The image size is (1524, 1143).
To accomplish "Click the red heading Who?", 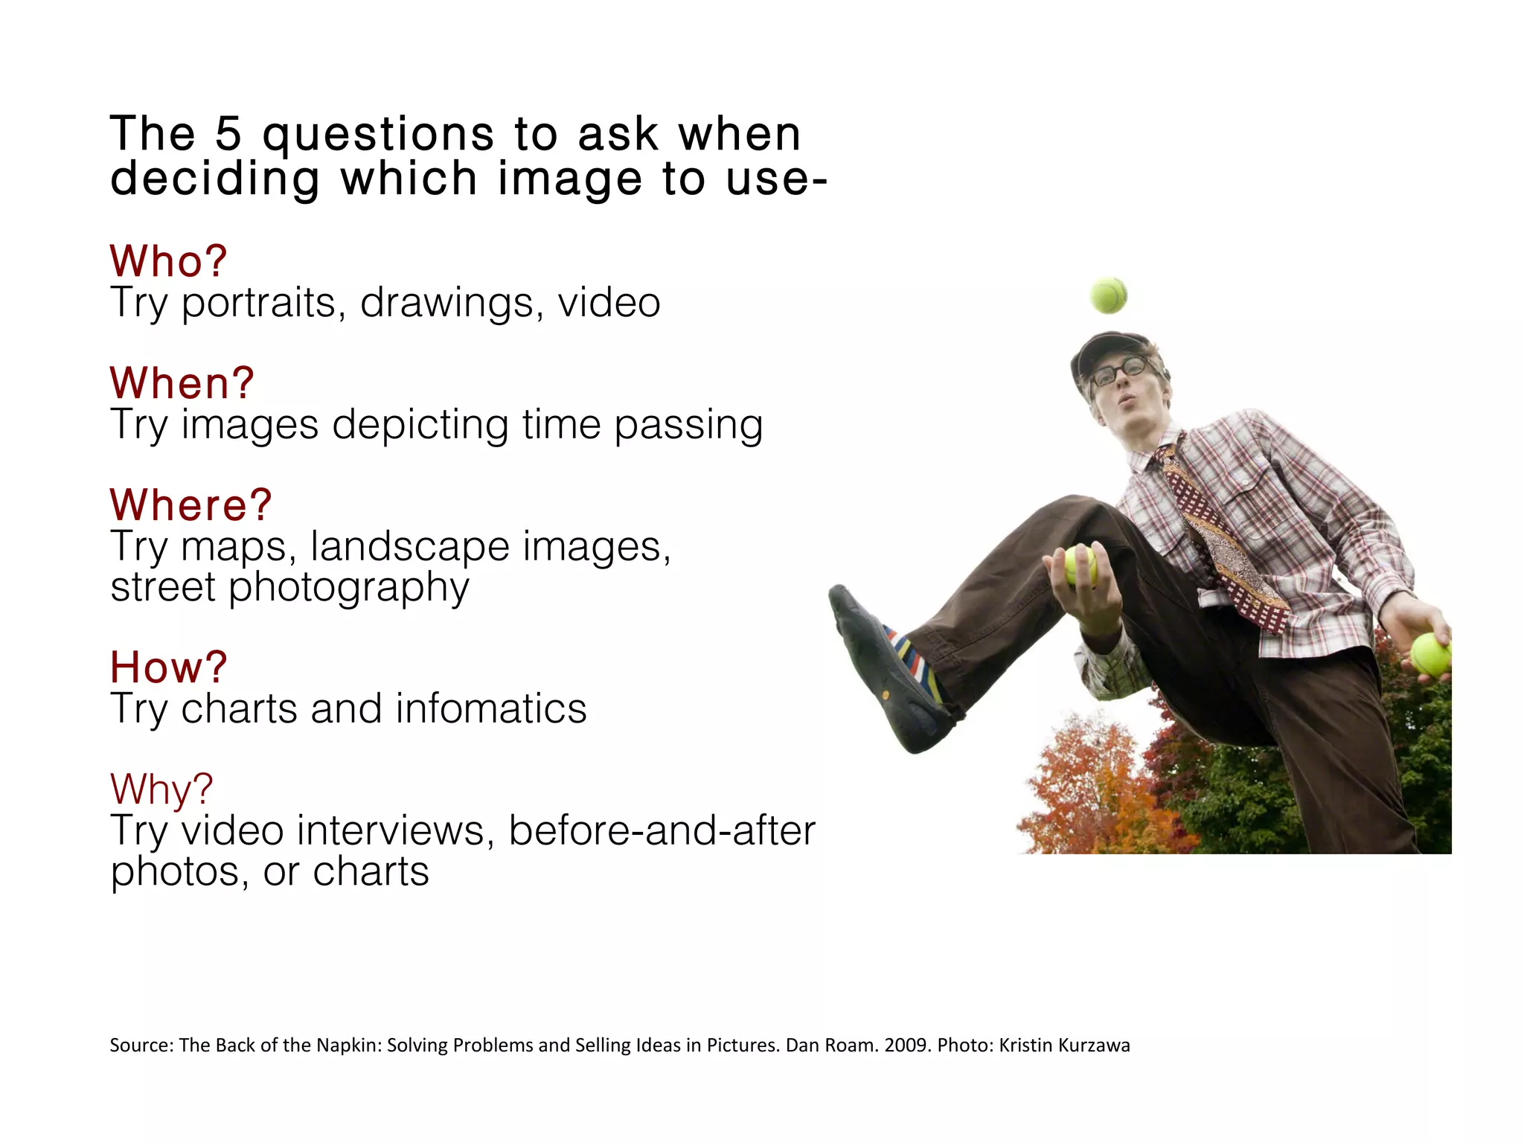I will (168, 261).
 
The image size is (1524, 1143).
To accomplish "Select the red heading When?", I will (182, 383).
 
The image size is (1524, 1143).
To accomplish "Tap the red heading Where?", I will (191, 505).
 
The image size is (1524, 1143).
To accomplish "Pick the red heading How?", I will (168, 667).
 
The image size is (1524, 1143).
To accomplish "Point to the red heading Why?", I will (161, 789).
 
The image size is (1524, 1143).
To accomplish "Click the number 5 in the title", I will (228, 135).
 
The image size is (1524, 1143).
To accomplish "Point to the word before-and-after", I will (662, 830).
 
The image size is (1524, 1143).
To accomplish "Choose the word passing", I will (688, 426).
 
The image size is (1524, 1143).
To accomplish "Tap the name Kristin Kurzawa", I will (1064, 1046).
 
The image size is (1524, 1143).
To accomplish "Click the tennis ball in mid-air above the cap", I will (1108, 295).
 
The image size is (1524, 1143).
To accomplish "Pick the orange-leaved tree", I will (1094, 789).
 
